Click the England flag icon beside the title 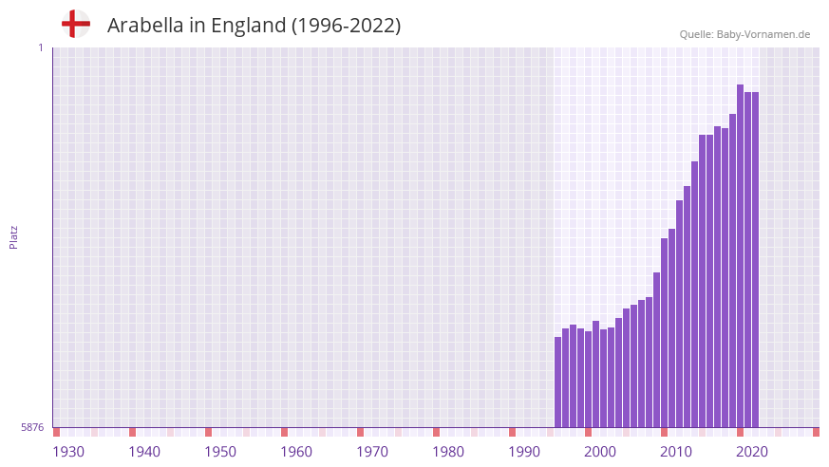75,24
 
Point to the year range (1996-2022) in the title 346,26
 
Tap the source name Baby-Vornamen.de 763,34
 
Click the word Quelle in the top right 696,34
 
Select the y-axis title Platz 13,236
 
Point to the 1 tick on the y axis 40,47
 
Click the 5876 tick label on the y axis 32,427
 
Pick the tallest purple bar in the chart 740,256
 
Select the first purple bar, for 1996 558,382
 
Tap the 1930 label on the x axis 68,452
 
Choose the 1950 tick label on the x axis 220,452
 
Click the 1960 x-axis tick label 296,452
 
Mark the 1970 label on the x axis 372,452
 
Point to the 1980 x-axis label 448,452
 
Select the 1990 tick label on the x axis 524,452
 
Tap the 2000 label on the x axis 600,452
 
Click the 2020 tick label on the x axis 752,452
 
